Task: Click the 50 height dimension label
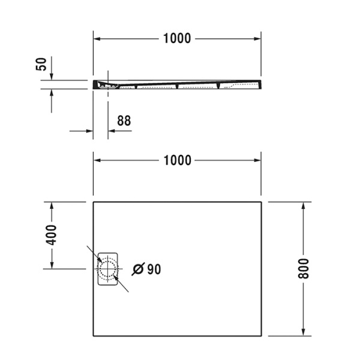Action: point(41,64)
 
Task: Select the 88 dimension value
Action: point(124,121)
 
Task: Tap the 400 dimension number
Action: point(52,235)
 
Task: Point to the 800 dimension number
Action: point(304,268)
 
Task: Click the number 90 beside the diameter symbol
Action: point(154,269)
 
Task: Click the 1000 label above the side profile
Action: point(177,38)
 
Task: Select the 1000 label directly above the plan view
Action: point(177,160)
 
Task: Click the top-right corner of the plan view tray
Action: point(261,202)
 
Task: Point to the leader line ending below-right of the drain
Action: point(128,291)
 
